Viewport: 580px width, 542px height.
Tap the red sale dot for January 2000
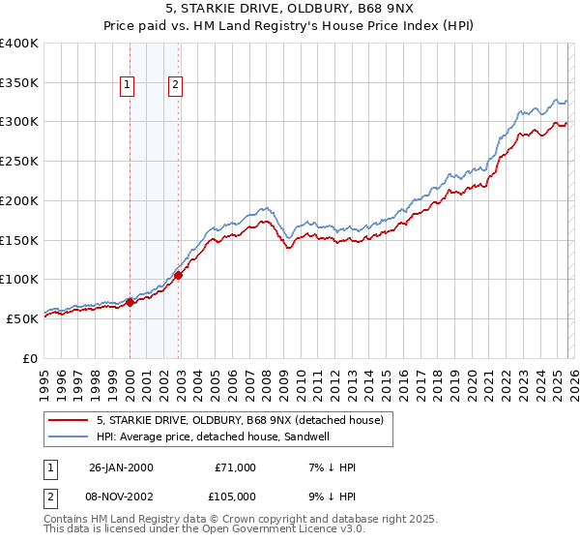[x=130, y=302]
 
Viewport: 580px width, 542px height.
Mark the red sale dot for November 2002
[x=178, y=275]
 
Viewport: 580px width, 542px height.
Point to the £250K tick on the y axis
[x=21, y=162]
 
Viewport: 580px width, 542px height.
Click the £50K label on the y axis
[x=21, y=318]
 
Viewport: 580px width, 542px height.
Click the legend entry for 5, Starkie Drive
[x=240, y=420]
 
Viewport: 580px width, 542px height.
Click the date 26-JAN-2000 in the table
[x=121, y=467]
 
